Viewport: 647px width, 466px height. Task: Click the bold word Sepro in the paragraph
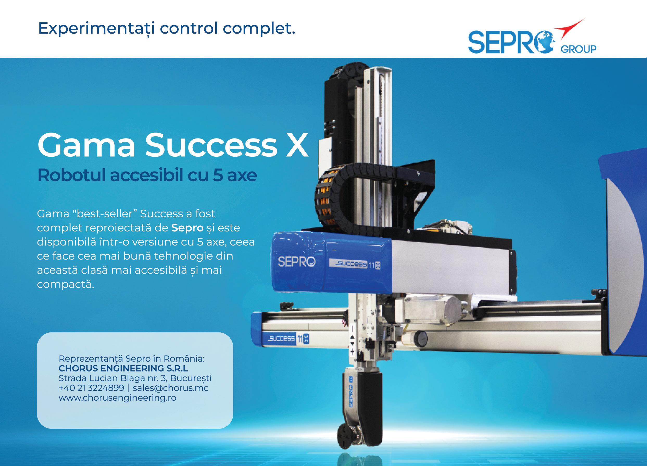187,228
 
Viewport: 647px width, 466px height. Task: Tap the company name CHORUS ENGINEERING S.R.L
123,368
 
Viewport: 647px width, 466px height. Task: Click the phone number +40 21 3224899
91,388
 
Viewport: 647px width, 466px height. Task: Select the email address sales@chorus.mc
171,388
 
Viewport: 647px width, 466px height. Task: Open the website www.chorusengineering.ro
117,398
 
